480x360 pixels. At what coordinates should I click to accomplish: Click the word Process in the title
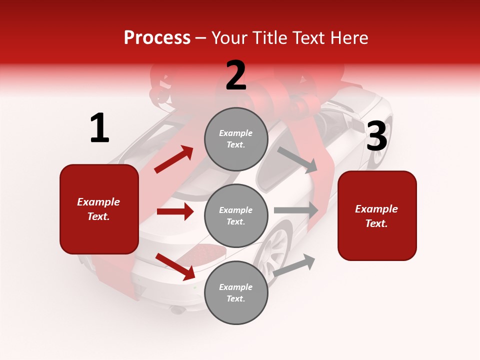coord(157,38)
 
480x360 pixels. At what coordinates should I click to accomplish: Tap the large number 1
coord(99,128)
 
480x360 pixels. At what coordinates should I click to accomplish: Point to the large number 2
coord(236,75)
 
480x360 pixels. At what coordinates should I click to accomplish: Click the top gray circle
coord(236,139)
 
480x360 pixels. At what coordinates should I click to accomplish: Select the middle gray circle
coord(236,215)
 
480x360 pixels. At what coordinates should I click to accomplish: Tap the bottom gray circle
coord(236,292)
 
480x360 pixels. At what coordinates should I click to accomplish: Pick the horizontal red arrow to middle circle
coord(175,211)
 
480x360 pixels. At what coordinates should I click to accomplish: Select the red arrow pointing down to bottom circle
coord(175,266)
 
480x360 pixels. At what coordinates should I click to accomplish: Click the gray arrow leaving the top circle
coord(297,159)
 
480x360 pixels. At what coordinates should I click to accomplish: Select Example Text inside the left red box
coord(98,209)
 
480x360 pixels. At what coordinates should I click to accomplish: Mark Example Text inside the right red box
coord(376,216)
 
